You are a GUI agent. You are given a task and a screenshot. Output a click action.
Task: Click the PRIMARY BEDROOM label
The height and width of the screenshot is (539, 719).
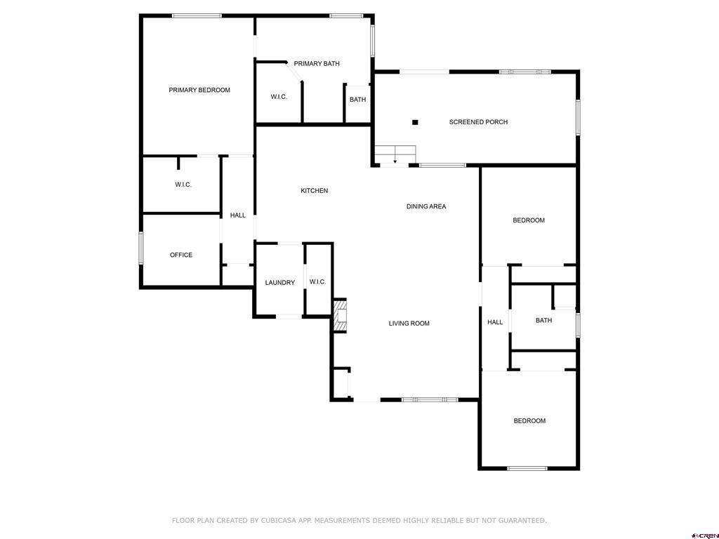pos(199,90)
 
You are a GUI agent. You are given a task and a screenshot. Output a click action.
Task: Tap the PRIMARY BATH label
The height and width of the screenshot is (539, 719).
pos(317,64)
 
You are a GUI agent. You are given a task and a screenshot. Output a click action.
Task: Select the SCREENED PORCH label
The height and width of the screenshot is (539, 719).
pos(478,122)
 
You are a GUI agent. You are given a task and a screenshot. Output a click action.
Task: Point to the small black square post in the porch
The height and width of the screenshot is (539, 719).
pos(415,122)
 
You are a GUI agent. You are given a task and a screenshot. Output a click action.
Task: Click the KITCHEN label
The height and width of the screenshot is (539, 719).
pos(314,191)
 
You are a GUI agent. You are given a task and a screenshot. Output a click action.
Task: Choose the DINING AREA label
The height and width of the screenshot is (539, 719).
pos(426,206)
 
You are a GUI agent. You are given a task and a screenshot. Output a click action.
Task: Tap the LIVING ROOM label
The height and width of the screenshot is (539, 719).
pos(409,324)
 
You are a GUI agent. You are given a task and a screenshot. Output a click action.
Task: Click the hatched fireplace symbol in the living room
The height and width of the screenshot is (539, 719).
pos(341,316)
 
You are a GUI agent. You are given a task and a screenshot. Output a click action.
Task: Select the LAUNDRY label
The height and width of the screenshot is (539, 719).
pos(279,283)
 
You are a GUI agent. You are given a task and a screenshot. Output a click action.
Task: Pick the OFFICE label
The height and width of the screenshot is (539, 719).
pos(181,255)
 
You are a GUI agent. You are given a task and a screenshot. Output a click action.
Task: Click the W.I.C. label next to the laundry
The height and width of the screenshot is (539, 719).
pos(317,282)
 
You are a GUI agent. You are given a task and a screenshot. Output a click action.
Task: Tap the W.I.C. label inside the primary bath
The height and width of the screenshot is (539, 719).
pos(279,97)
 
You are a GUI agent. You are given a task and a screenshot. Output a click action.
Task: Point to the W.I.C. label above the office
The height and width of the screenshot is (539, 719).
pos(183,185)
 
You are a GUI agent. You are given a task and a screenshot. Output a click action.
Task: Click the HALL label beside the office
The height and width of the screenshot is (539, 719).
pos(238,215)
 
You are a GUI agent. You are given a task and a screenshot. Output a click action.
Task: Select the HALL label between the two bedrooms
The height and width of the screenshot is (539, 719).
pos(495,322)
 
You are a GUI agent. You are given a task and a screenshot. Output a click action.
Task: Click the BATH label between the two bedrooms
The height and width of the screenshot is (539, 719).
pos(543,321)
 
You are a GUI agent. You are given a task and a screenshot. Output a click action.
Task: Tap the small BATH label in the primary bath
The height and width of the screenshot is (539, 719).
pos(357,100)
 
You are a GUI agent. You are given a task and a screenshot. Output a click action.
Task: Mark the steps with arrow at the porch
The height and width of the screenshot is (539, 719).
pos(395,154)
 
